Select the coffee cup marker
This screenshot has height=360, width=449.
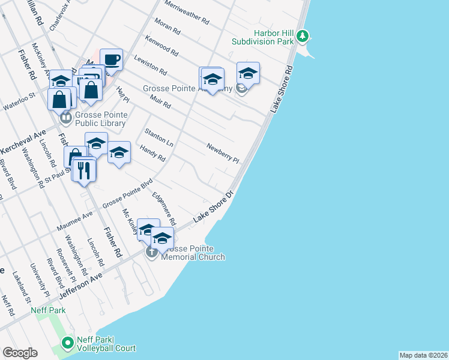tap(112, 60)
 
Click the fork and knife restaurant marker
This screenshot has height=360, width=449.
tap(85, 170)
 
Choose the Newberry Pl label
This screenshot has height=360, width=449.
tap(223, 152)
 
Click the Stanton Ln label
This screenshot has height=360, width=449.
tap(158, 137)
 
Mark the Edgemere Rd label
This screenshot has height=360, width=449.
tap(163, 207)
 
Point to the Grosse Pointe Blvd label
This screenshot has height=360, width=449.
tap(128, 196)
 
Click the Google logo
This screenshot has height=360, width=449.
tap(20, 353)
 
